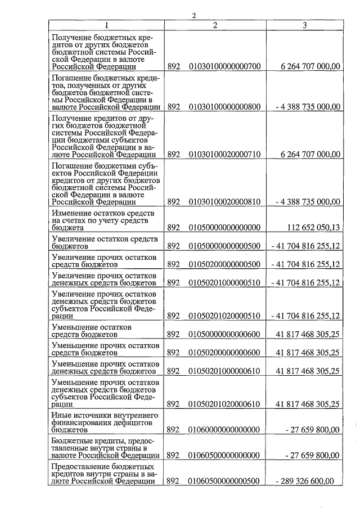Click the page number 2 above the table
point(193,15)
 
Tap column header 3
point(304,25)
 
